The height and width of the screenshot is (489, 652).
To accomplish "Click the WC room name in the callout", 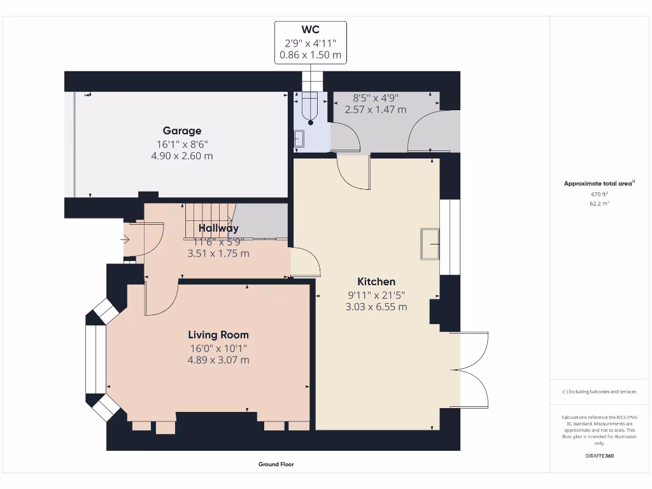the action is (310, 29).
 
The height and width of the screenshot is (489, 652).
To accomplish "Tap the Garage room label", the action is (182, 131).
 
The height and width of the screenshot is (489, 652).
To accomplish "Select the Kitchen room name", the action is (376, 281).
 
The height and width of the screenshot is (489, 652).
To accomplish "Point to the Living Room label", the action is (218, 335).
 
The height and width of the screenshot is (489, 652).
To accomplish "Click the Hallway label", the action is (218, 228).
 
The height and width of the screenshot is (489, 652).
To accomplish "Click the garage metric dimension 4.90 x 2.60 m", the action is (182, 156).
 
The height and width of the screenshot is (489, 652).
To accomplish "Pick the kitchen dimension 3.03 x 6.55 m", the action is (376, 307).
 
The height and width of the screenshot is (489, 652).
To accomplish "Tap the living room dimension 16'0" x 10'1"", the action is (218, 348).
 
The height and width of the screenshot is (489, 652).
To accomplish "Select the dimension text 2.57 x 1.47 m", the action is (376, 110).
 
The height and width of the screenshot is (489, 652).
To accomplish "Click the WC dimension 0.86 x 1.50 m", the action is (310, 55).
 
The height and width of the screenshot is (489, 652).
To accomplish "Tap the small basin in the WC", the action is (299, 139).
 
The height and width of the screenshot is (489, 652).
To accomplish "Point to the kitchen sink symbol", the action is (430, 244).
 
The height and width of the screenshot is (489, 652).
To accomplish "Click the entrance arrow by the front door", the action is (125, 239).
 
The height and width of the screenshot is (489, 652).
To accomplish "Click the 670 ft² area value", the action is (599, 194).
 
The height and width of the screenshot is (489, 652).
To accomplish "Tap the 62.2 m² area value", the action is (599, 203).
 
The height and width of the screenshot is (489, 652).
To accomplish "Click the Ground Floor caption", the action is (276, 464).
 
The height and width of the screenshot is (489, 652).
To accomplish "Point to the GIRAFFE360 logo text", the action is (599, 456).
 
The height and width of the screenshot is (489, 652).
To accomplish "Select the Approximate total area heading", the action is (599, 183).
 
